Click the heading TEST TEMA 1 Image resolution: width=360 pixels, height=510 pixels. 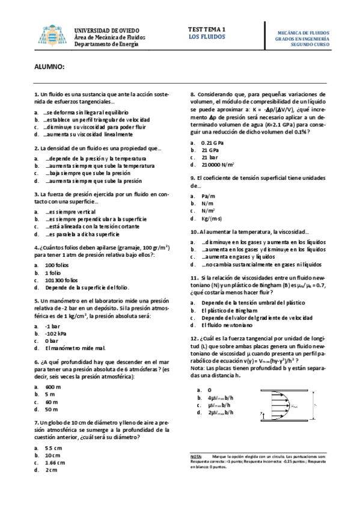pos(207,29)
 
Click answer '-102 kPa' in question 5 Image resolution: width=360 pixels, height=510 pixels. pos(56,333)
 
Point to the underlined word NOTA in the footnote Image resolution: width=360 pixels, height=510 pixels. pos(195,457)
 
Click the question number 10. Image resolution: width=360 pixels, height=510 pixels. pos(194,232)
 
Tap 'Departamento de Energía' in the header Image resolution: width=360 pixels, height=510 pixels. pos(106,43)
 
